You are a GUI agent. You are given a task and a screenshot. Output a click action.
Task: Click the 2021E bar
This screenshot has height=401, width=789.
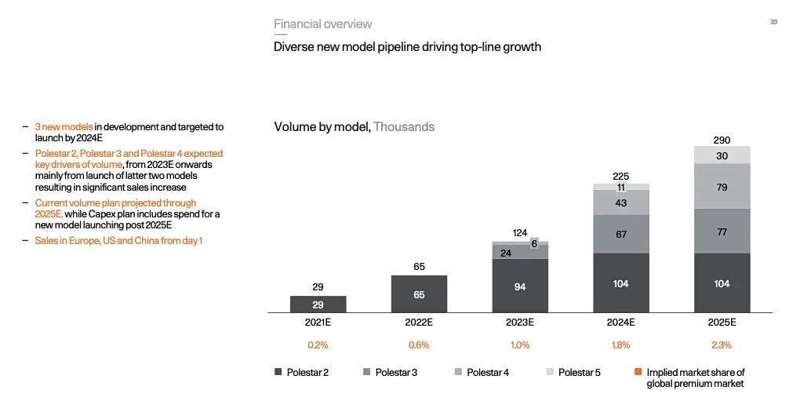[x=318, y=304]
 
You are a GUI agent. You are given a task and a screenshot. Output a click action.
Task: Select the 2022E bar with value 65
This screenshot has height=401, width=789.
[x=419, y=294]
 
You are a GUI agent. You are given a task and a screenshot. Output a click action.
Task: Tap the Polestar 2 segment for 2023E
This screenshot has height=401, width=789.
[x=520, y=286]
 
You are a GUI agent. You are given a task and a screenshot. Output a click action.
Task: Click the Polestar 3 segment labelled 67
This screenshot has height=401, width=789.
[x=621, y=235]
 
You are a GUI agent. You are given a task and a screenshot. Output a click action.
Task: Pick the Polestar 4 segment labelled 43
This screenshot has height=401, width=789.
[x=621, y=202]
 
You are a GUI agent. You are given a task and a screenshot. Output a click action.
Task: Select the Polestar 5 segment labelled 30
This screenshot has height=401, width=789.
[x=722, y=155]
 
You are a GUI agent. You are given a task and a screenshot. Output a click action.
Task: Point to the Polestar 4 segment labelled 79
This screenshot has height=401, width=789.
[x=722, y=187]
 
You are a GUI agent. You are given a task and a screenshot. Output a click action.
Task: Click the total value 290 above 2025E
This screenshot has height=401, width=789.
[x=722, y=140]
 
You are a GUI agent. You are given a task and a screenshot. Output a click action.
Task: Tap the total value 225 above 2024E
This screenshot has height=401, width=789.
[x=621, y=177]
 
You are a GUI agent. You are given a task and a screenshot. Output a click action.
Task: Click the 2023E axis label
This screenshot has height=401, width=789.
[x=520, y=323]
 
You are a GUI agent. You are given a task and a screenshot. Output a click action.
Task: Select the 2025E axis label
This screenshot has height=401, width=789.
[x=722, y=323]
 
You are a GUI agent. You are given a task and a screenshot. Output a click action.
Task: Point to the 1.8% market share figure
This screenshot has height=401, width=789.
[x=621, y=344]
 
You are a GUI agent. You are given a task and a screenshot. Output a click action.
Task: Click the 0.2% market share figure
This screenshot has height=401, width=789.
[x=318, y=344]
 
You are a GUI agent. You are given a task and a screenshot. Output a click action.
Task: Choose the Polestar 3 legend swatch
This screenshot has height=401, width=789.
[x=367, y=372]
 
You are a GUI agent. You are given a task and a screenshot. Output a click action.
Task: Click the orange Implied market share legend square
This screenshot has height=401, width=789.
[x=638, y=372]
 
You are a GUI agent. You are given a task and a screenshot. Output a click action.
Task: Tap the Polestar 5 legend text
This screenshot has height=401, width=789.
[x=580, y=372]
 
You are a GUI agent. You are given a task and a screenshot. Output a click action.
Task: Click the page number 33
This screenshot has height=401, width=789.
[x=773, y=23]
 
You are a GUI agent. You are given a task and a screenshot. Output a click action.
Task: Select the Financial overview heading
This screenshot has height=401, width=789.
[x=322, y=24]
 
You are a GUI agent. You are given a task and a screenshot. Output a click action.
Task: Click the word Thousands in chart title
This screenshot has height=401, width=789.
[x=404, y=126]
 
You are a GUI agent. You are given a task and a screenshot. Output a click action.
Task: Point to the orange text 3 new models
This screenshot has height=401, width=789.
[x=64, y=126]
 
